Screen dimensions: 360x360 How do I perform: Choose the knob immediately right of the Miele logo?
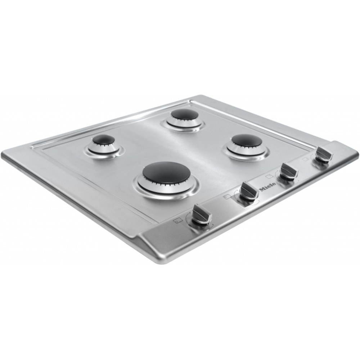[289, 171]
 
